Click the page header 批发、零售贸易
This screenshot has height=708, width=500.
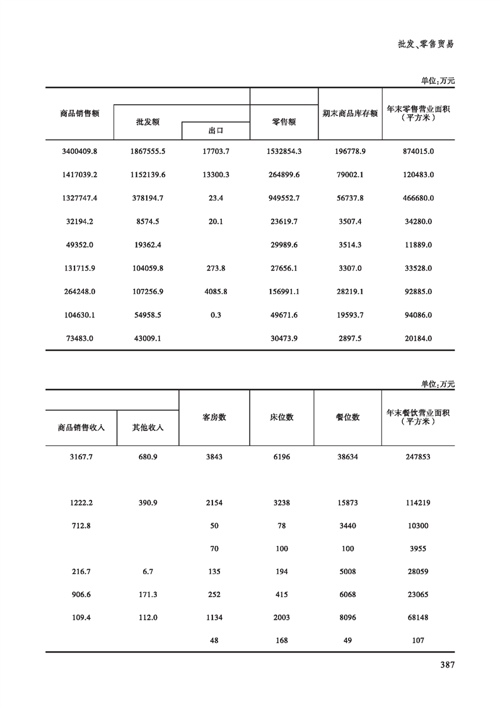click(x=426, y=44)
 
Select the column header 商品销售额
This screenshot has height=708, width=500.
click(x=79, y=114)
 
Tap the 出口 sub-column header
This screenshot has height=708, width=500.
click(x=216, y=131)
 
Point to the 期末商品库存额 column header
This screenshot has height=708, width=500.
click(x=349, y=114)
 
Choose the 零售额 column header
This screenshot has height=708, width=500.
click(x=284, y=122)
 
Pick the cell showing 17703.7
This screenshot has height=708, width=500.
click(x=216, y=151)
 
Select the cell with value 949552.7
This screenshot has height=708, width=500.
click(x=284, y=198)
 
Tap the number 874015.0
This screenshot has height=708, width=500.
click(x=418, y=151)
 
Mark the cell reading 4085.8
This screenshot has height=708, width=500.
click(x=216, y=292)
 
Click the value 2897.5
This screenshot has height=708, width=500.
click(x=349, y=338)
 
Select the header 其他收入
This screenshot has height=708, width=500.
click(x=148, y=427)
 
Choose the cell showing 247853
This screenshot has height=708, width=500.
click(x=418, y=456)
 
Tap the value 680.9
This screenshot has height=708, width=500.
click(x=148, y=456)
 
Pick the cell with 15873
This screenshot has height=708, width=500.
click(x=347, y=503)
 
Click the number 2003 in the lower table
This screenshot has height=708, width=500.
click(x=282, y=618)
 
